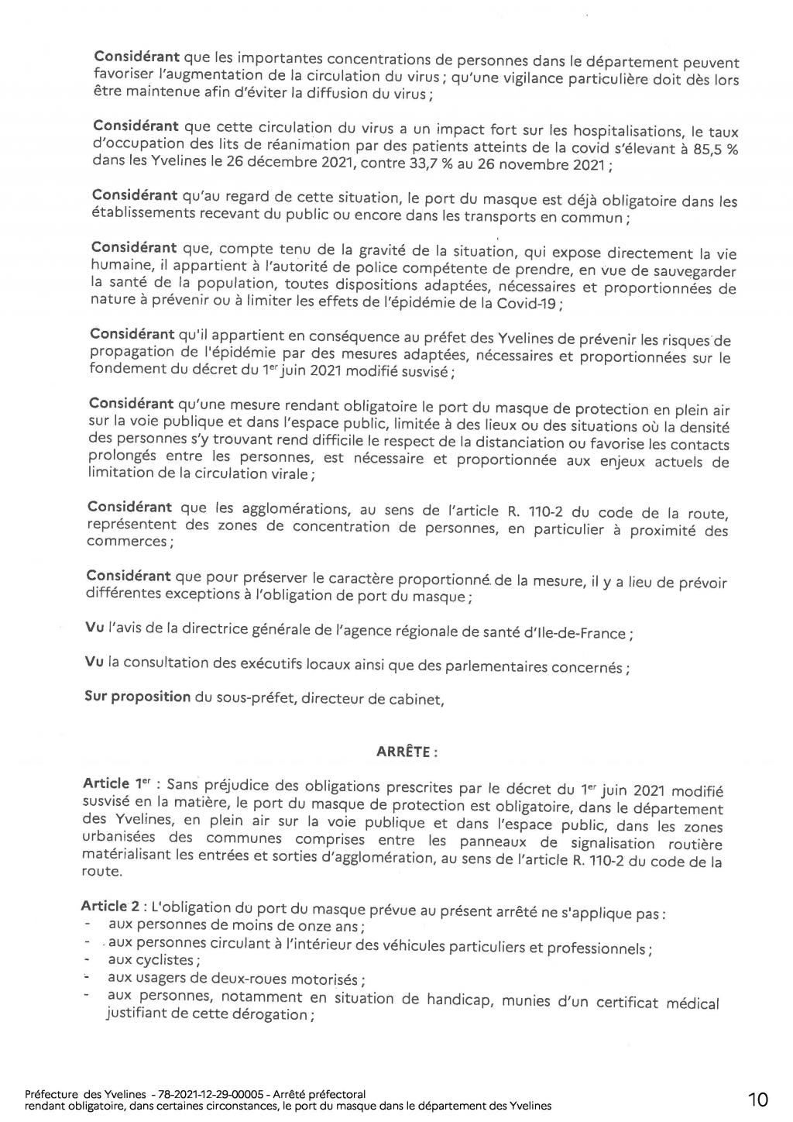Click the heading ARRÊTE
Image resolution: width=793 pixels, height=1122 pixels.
(x=407, y=751)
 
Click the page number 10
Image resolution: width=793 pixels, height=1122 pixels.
(x=758, y=1099)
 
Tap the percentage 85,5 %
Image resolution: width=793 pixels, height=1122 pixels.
(x=714, y=149)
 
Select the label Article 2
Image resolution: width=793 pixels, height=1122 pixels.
(x=105, y=906)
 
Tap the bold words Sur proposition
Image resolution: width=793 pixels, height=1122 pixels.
(x=137, y=696)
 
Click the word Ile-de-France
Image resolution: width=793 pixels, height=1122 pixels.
(x=575, y=632)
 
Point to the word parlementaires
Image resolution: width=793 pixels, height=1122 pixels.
(x=484, y=666)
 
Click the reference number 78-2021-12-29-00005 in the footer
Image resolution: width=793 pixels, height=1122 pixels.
(x=207, y=1094)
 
